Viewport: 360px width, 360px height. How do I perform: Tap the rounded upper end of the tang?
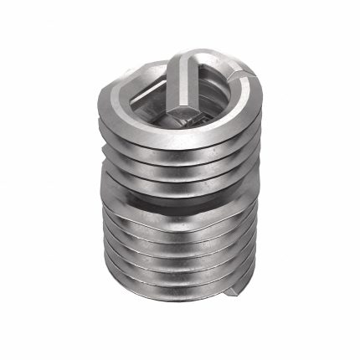point(189,60)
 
